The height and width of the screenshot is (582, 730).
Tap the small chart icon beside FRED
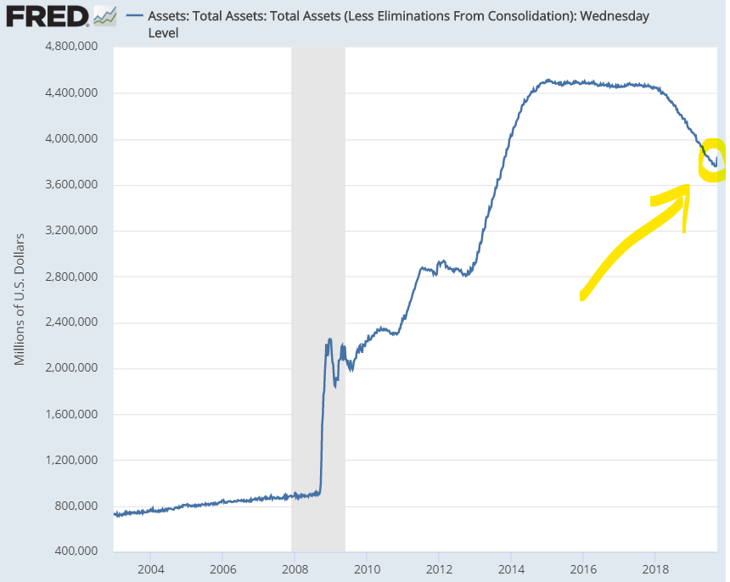click(x=104, y=15)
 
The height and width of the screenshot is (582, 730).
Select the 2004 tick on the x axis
click(x=150, y=568)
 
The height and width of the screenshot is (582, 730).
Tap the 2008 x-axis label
click(x=295, y=568)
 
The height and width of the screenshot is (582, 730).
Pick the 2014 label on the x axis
click(x=511, y=568)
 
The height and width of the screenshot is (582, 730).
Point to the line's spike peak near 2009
click(x=329, y=339)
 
